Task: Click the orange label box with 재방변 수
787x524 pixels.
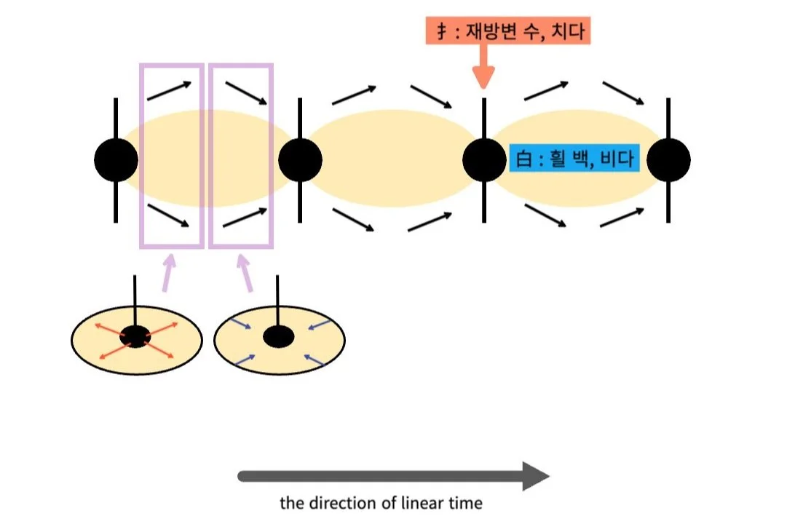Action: [x=508, y=31]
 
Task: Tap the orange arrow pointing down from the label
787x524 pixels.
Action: [x=483, y=69]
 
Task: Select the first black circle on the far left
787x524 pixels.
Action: [x=116, y=159]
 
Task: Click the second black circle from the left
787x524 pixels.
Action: [x=300, y=159]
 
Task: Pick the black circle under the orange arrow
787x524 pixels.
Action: [x=484, y=159]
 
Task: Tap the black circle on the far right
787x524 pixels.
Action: [x=668, y=159]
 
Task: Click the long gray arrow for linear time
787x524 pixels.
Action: [x=393, y=476]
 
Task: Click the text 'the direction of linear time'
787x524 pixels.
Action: [x=381, y=503]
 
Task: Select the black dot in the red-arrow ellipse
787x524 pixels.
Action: [x=135, y=336]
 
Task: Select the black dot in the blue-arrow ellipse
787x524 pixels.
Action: [x=277, y=336]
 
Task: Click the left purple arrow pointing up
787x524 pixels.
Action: [x=169, y=272]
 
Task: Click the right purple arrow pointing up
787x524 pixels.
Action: [x=245, y=272]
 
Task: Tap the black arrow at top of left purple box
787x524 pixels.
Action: [x=170, y=90]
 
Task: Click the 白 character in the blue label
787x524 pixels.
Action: [x=522, y=158]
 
